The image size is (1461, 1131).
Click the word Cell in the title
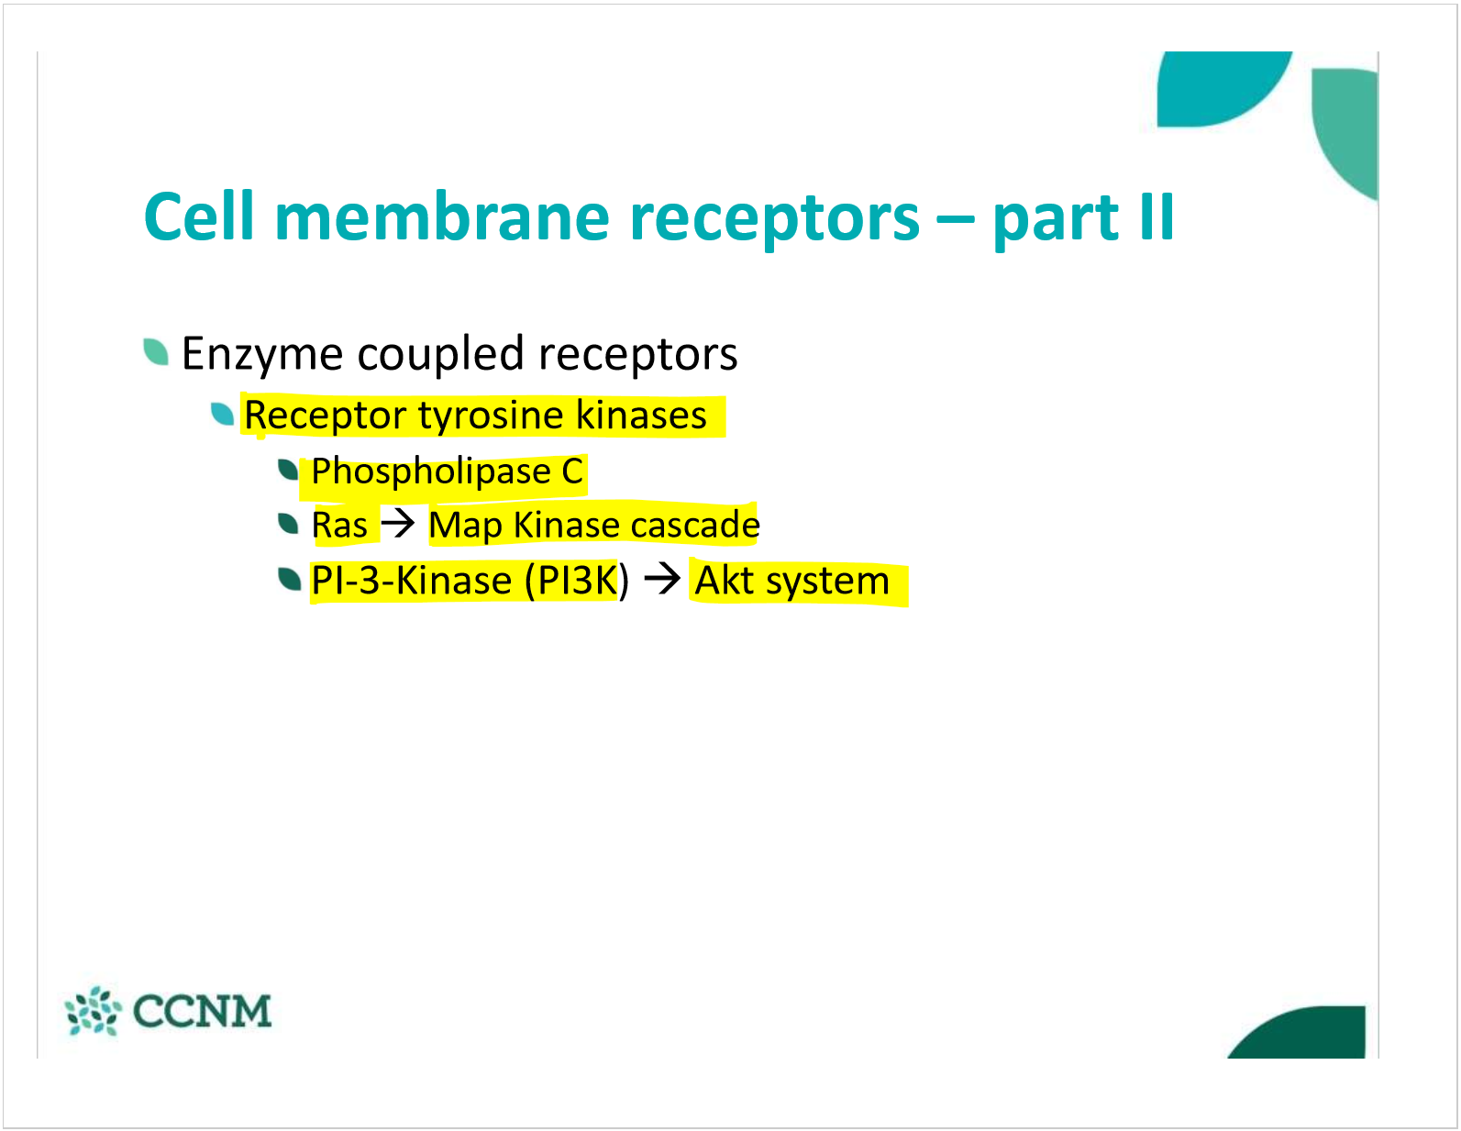point(198,217)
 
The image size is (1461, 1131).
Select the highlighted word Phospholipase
point(430,471)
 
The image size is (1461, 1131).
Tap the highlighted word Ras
point(339,526)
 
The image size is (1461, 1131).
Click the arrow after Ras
point(398,524)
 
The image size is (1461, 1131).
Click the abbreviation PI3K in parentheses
point(578,581)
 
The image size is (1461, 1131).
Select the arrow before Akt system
point(661,579)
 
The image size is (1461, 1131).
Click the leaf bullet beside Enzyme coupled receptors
point(156,351)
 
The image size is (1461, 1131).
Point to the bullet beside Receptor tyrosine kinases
point(223,414)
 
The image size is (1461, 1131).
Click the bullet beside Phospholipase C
point(289,470)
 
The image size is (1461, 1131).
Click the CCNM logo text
point(202,1011)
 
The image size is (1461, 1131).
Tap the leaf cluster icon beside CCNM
point(93,1011)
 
